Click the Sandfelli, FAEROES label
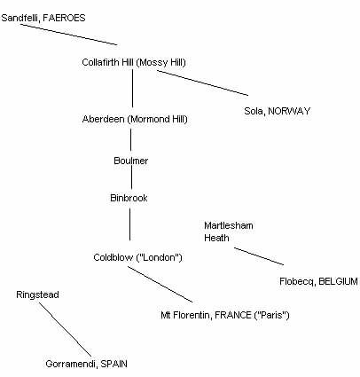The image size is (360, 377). (x=43, y=18)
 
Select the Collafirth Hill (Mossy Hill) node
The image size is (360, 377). (x=134, y=62)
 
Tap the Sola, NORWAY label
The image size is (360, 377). (x=278, y=111)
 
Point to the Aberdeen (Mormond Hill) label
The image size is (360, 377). (x=135, y=119)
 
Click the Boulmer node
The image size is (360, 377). (x=131, y=161)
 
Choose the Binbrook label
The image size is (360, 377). (x=129, y=198)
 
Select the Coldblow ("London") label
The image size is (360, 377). (x=137, y=257)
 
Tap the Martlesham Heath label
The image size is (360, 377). (x=229, y=232)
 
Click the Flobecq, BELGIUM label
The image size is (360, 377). (x=318, y=281)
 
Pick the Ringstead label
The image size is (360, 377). (x=37, y=295)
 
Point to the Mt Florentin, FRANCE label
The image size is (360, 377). (x=225, y=315)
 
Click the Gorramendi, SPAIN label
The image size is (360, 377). (x=86, y=364)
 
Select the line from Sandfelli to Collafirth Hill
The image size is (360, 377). (x=68, y=35)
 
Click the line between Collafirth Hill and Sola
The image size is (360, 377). (x=202, y=82)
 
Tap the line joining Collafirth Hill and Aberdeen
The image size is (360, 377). (x=132, y=89)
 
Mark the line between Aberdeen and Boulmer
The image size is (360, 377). (x=131, y=139)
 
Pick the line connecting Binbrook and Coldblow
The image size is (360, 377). (x=129, y=224)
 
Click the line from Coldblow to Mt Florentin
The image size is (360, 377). (x=160, y=284)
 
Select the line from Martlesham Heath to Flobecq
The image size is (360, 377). (x=259, y=256)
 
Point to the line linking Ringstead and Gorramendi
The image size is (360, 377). (x=66, y=329)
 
